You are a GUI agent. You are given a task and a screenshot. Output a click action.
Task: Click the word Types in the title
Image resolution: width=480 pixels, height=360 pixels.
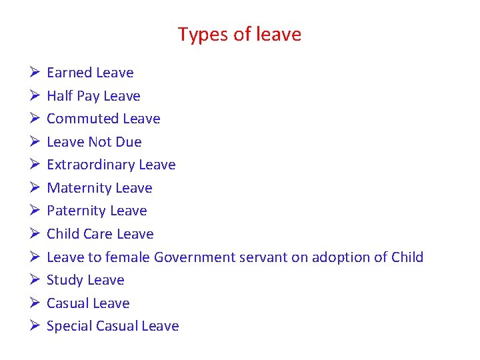click(197, 35)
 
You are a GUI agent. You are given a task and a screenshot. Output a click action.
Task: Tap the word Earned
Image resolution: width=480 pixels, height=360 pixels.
click(69, 73)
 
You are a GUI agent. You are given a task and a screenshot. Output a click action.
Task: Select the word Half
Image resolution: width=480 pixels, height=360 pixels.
click(59, 96)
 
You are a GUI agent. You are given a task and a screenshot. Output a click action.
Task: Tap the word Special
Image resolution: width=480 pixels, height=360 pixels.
click(69, 326)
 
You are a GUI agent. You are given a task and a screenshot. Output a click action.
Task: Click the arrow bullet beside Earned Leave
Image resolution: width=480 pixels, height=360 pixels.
click(34, 73)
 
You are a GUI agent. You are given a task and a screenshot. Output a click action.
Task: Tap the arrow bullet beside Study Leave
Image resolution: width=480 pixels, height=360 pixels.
click(34, 280)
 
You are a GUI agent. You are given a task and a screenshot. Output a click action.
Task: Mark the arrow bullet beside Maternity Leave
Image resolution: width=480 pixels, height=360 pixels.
click(34, 188)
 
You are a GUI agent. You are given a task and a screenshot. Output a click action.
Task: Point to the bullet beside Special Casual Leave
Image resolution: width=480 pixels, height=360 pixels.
click(34, 326)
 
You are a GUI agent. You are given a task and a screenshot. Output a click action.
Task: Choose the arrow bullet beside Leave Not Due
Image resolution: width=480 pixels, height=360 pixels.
click(34, 142)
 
